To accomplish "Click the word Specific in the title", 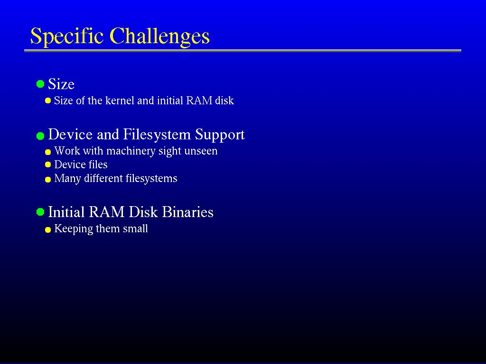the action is click(67, 36).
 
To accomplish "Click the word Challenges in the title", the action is click(159, 36).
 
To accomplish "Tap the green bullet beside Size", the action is click(40, 84).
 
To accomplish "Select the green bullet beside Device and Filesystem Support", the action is click(40, 136).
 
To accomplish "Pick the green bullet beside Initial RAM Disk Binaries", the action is click(40, 212).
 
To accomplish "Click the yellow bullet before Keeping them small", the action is click(48, 230).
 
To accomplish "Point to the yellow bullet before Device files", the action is click(48, 164).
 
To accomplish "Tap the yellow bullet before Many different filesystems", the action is click(48, 180).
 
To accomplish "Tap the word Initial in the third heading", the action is click(66, 212).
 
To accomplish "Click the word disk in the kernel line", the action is click(224, 100).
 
